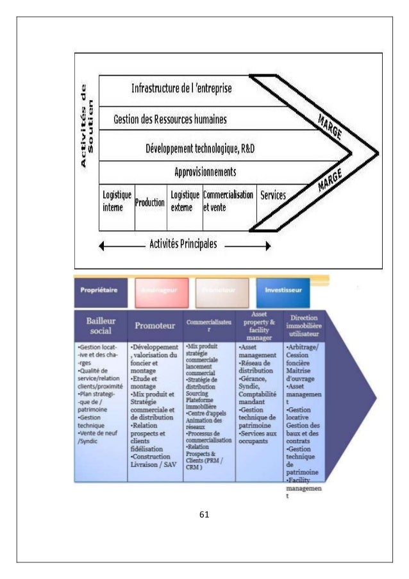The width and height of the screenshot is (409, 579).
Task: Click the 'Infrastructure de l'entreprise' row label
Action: click(181, 87)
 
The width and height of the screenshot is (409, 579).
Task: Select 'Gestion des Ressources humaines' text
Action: click(170, 119)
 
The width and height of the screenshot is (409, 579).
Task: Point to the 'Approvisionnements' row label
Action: click(205, 172)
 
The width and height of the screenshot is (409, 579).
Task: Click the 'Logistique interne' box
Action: click(117, 201)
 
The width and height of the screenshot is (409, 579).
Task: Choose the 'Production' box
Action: click(150, 202)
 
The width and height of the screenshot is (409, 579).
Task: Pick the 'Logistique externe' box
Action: click(184, 201)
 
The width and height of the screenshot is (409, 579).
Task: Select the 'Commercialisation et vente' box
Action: click(228, 201)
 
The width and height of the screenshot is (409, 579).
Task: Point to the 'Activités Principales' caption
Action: click(183, 244)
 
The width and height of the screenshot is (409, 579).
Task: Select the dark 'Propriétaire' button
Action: click(98, 290)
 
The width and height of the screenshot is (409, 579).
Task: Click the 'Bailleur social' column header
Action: click(101, 325)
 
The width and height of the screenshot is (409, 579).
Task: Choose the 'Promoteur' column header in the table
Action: click(154, 326)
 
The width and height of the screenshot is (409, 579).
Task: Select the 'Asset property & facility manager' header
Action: click(259, 325)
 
